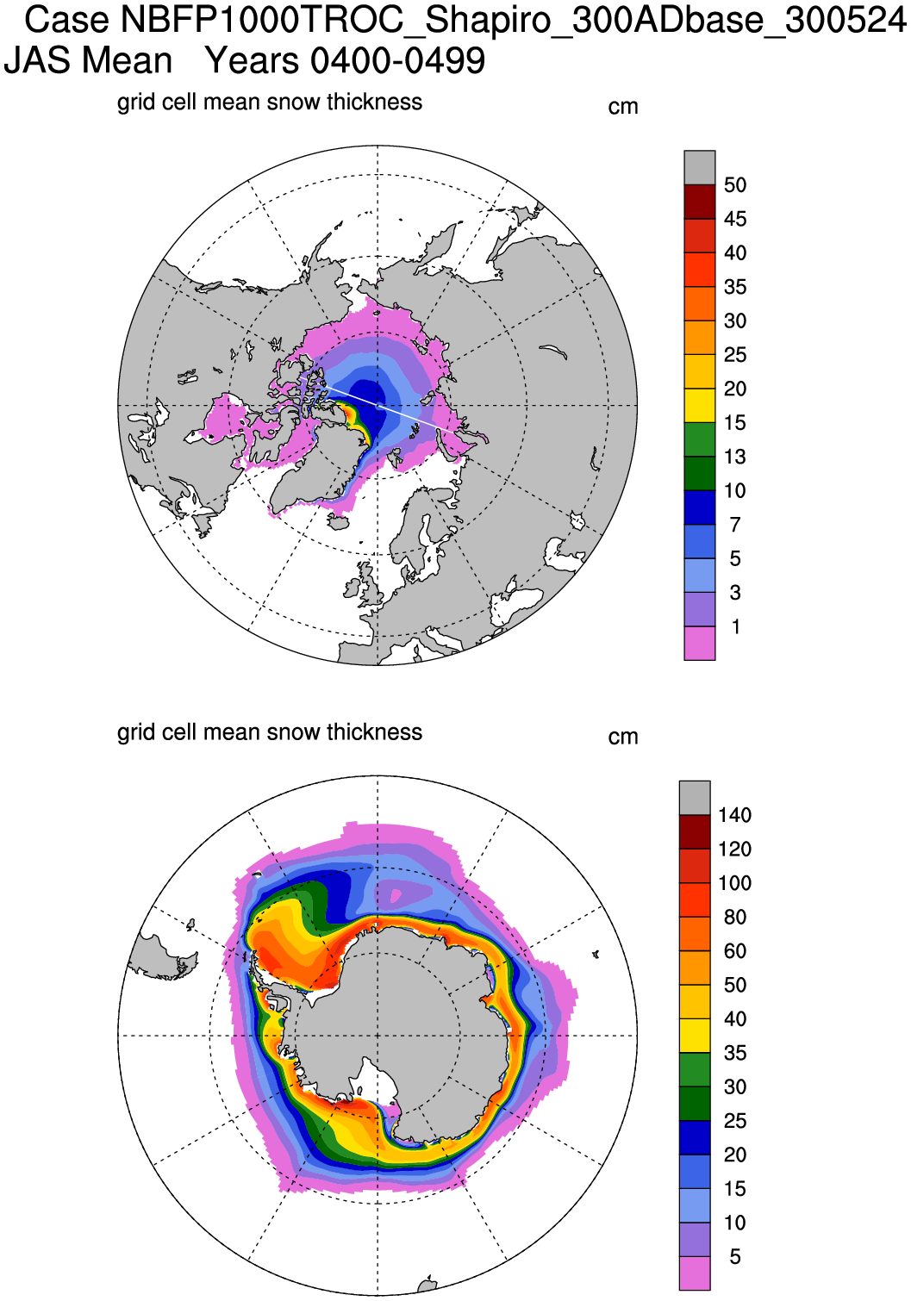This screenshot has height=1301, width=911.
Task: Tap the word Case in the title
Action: [x=66, y=20]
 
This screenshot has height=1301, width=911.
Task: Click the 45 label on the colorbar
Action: [x=735, y=219]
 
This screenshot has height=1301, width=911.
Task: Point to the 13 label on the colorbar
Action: [x=735, y=457]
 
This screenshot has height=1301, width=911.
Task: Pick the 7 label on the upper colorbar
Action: [x=735, y=525]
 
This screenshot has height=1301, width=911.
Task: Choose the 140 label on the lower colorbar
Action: [x=734, y=815]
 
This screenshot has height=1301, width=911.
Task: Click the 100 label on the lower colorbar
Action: [x=734, y=883]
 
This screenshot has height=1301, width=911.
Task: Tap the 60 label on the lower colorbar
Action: [x=735, y=951]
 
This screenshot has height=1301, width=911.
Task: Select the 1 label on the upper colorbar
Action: [x=735, y=626]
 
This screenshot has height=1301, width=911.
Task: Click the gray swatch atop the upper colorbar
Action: [x=699, y=167]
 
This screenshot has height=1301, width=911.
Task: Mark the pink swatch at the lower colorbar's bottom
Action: [x=695, y=1273]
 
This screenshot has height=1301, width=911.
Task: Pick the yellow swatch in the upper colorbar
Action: [x=699, y=405]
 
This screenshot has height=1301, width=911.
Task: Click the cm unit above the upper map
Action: [x=623, y=107]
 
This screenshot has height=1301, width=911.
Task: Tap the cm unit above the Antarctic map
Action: [x=623, y=737]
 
